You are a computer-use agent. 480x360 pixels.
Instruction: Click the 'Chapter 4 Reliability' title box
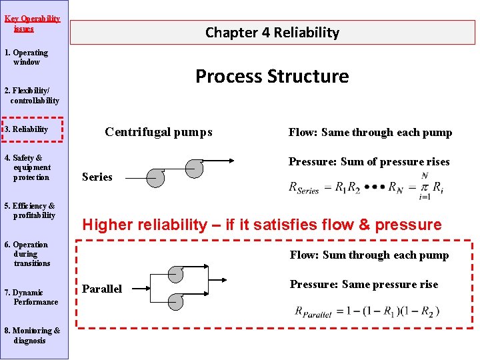pos(272,32)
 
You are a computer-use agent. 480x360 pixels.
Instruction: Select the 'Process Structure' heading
pos(272,76)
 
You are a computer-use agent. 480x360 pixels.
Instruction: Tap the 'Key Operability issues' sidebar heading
pos(32,23)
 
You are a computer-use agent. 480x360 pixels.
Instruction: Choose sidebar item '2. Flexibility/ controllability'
pos(31,95)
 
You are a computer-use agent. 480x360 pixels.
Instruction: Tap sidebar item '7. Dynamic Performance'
pos(32,297)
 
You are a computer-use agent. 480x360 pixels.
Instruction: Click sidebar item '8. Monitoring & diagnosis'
pos(33,335)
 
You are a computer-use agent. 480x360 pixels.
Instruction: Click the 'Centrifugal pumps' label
pos(159,132)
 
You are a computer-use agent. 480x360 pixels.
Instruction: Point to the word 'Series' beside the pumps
pos(97,177)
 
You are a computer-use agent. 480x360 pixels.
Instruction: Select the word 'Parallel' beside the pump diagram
pos(102,289)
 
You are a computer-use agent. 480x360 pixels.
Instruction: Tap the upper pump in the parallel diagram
pos(175,273)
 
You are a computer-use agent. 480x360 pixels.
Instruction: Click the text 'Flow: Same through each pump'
pos(370,133)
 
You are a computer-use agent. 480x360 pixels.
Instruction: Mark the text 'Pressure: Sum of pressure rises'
pos(369,161)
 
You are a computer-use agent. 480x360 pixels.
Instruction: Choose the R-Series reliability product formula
pos(365,185)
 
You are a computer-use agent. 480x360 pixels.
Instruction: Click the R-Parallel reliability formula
pos(367,311)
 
